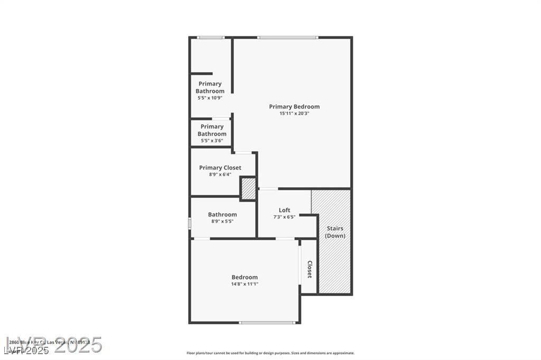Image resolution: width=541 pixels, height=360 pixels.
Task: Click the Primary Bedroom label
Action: pos(294,107)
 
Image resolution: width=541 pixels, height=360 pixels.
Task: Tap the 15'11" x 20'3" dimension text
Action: pos(294,113)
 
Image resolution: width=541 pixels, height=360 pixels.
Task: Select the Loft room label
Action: pos(284,210)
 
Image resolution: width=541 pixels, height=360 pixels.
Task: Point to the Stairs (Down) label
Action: pos(335,232)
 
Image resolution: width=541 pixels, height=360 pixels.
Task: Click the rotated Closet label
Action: pos(310,269)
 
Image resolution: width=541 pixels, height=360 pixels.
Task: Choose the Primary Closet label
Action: pos(220,168)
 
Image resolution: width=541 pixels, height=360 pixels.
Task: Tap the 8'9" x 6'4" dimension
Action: pos(220,174)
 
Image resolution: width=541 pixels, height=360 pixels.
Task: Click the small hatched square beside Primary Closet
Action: pos(248,189)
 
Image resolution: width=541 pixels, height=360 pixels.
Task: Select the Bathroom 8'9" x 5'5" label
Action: pos(222,215)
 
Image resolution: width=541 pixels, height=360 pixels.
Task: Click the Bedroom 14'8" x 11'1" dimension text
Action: pos(245,284)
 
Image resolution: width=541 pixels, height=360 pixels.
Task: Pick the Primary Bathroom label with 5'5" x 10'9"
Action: pos(210,87)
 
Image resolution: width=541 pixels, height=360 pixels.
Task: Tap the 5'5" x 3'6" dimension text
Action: pos(211,140)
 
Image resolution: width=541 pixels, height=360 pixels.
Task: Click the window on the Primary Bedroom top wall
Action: pos(287,37)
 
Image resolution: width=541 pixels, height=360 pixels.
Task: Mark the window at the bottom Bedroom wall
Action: pos(267,323)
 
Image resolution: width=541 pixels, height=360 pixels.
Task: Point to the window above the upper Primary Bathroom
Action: pos(211,37)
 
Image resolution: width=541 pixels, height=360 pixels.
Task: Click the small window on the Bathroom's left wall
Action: pos(190,223)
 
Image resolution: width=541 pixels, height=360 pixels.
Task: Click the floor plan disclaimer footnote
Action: pos(270,353)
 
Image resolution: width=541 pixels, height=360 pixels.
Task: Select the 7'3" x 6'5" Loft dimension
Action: pos(284,217)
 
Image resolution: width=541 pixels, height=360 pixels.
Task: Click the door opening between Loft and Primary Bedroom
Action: pos(268,188)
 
